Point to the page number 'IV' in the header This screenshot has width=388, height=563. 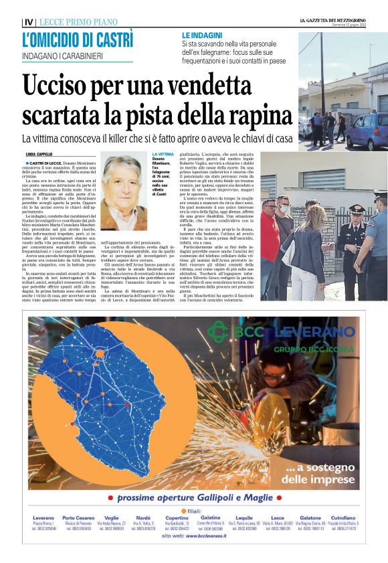coord(27,22)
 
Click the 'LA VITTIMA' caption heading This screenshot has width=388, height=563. coord(163,154)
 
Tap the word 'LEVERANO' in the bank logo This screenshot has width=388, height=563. coord(314,331)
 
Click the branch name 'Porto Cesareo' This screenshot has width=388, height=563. coord(78,518)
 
